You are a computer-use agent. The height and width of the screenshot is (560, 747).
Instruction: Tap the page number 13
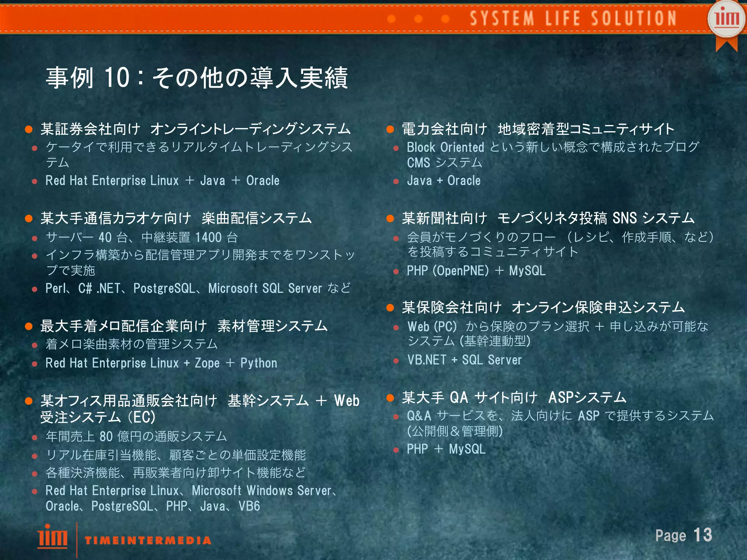(703, 535)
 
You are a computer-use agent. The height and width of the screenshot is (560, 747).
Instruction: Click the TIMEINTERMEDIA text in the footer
(148, 540)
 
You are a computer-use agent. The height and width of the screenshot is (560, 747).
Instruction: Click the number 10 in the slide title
(117, 78)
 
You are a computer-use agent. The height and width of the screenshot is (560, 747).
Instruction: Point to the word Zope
(207, 363)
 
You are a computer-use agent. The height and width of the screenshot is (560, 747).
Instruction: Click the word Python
(259, 363)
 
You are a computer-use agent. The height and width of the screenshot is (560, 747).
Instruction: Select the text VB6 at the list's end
(249, 506)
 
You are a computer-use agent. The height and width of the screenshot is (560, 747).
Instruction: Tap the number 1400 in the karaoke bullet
(208, 238)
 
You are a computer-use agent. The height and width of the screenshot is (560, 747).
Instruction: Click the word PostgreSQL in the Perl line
(164, 288)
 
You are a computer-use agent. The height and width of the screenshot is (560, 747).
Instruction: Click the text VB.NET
(427, 360)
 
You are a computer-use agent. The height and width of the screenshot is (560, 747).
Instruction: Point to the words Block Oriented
(445, 147)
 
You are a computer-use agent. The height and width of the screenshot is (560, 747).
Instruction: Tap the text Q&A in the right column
(419, 416)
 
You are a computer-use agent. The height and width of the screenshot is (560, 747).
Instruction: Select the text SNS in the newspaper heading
(624, 218)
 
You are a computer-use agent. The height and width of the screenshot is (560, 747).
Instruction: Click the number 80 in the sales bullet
(106, 436)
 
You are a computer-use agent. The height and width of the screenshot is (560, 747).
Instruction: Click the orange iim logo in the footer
(52, 536)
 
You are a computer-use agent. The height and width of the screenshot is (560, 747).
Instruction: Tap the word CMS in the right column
(418, 163)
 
